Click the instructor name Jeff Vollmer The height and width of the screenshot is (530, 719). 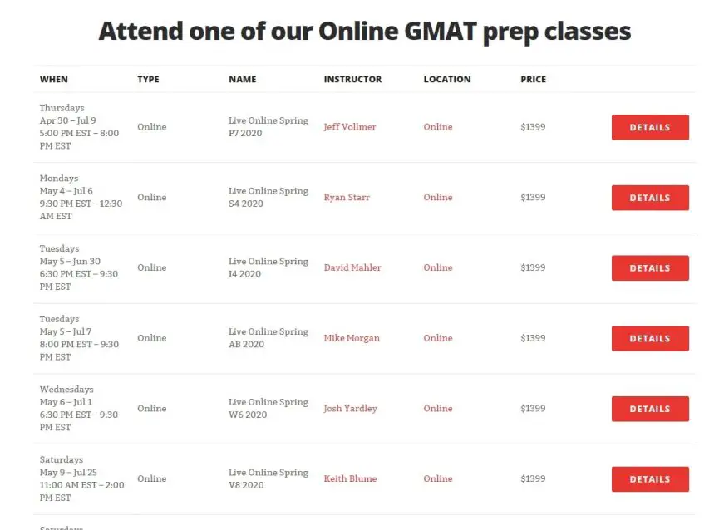pos(349,127)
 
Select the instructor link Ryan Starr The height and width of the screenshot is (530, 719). pos(347,198)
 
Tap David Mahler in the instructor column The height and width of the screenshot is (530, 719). pos(352,267)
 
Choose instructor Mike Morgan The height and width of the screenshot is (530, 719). pos(352,338)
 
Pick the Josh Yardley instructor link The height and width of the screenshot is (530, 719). pos(350,409)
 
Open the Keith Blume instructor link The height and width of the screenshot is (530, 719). pos(350,478)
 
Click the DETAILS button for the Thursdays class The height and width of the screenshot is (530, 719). pos(649,127)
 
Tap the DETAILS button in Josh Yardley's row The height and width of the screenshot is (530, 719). pos(649,409)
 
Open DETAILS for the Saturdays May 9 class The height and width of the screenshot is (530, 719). pos(649,479)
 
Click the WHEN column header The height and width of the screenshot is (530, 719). pos(54,80)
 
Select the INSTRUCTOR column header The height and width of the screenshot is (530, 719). pos(352,80)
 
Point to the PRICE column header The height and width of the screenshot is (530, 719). pos(533,80)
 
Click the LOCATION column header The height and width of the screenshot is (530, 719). pos(446,80)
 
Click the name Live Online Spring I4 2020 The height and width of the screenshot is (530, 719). pos(268,267)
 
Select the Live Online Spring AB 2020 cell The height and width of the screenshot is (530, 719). pos(268,338)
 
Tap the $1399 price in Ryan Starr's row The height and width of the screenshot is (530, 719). pos(533,198)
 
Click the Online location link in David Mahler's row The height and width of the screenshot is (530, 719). pos(438,267)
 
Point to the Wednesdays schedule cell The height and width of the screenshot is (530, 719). pos(79,408)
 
